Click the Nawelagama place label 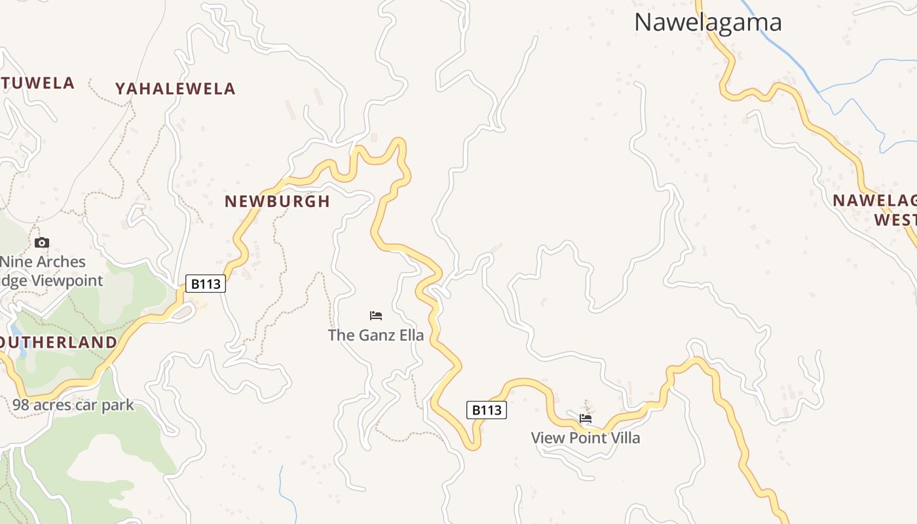click(x=707, y=22)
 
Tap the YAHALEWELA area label click(x=175, y=89)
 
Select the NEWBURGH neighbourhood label click(x=277, y=201)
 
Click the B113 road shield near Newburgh click(x=206, y=284)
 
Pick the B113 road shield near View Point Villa click(x=487, y=410)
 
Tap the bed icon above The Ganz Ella click(x=376, y=316)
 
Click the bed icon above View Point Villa click(x=586, y=419)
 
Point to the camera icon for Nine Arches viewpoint click(x=42, y=243)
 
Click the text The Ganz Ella click(x=376, y=335)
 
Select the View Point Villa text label click(x=585, y=438)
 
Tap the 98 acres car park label click(x=73, y=405)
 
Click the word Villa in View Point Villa click(x=624, y=438)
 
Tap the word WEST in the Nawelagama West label click(x=895, y=219)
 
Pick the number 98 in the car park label click(x=20, y=405)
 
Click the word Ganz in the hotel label click(x=374, y=335)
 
